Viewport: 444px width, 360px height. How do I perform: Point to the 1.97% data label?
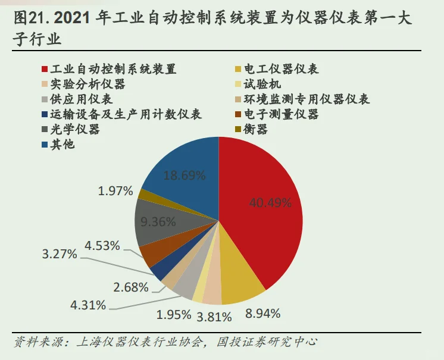tap(116, 191)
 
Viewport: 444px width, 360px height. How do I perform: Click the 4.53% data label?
tap(102, 245)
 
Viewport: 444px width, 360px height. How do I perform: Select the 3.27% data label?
tap(59, 254)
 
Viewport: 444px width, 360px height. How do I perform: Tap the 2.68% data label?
tap(130, 287)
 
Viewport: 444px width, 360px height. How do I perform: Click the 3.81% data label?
tap(214, 317)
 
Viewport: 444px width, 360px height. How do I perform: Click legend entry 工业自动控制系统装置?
tap(113, 69)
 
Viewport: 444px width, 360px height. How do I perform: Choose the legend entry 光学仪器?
tap(74, 129)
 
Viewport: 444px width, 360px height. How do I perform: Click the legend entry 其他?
tap(62, 144)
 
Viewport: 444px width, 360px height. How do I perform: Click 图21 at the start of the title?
tap(30, 19)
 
